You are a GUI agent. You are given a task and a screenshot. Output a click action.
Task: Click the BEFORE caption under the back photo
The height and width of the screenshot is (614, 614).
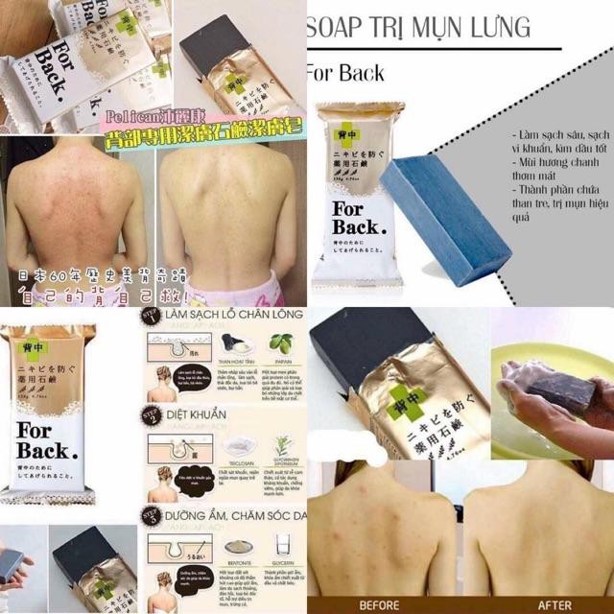[x=380, y=605]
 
